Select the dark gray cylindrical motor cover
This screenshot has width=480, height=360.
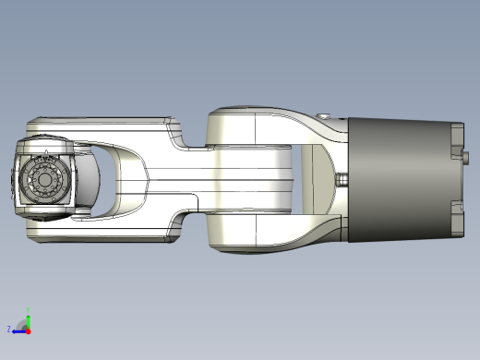tap(397, 181)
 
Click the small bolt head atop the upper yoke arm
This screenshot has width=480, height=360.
tap(325, 115)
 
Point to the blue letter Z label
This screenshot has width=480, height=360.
tap(9, 329)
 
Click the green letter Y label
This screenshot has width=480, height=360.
tap(29, 310)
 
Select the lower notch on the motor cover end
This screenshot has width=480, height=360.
tap(455, 206)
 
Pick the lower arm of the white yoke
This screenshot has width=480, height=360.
tap(277, 233)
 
